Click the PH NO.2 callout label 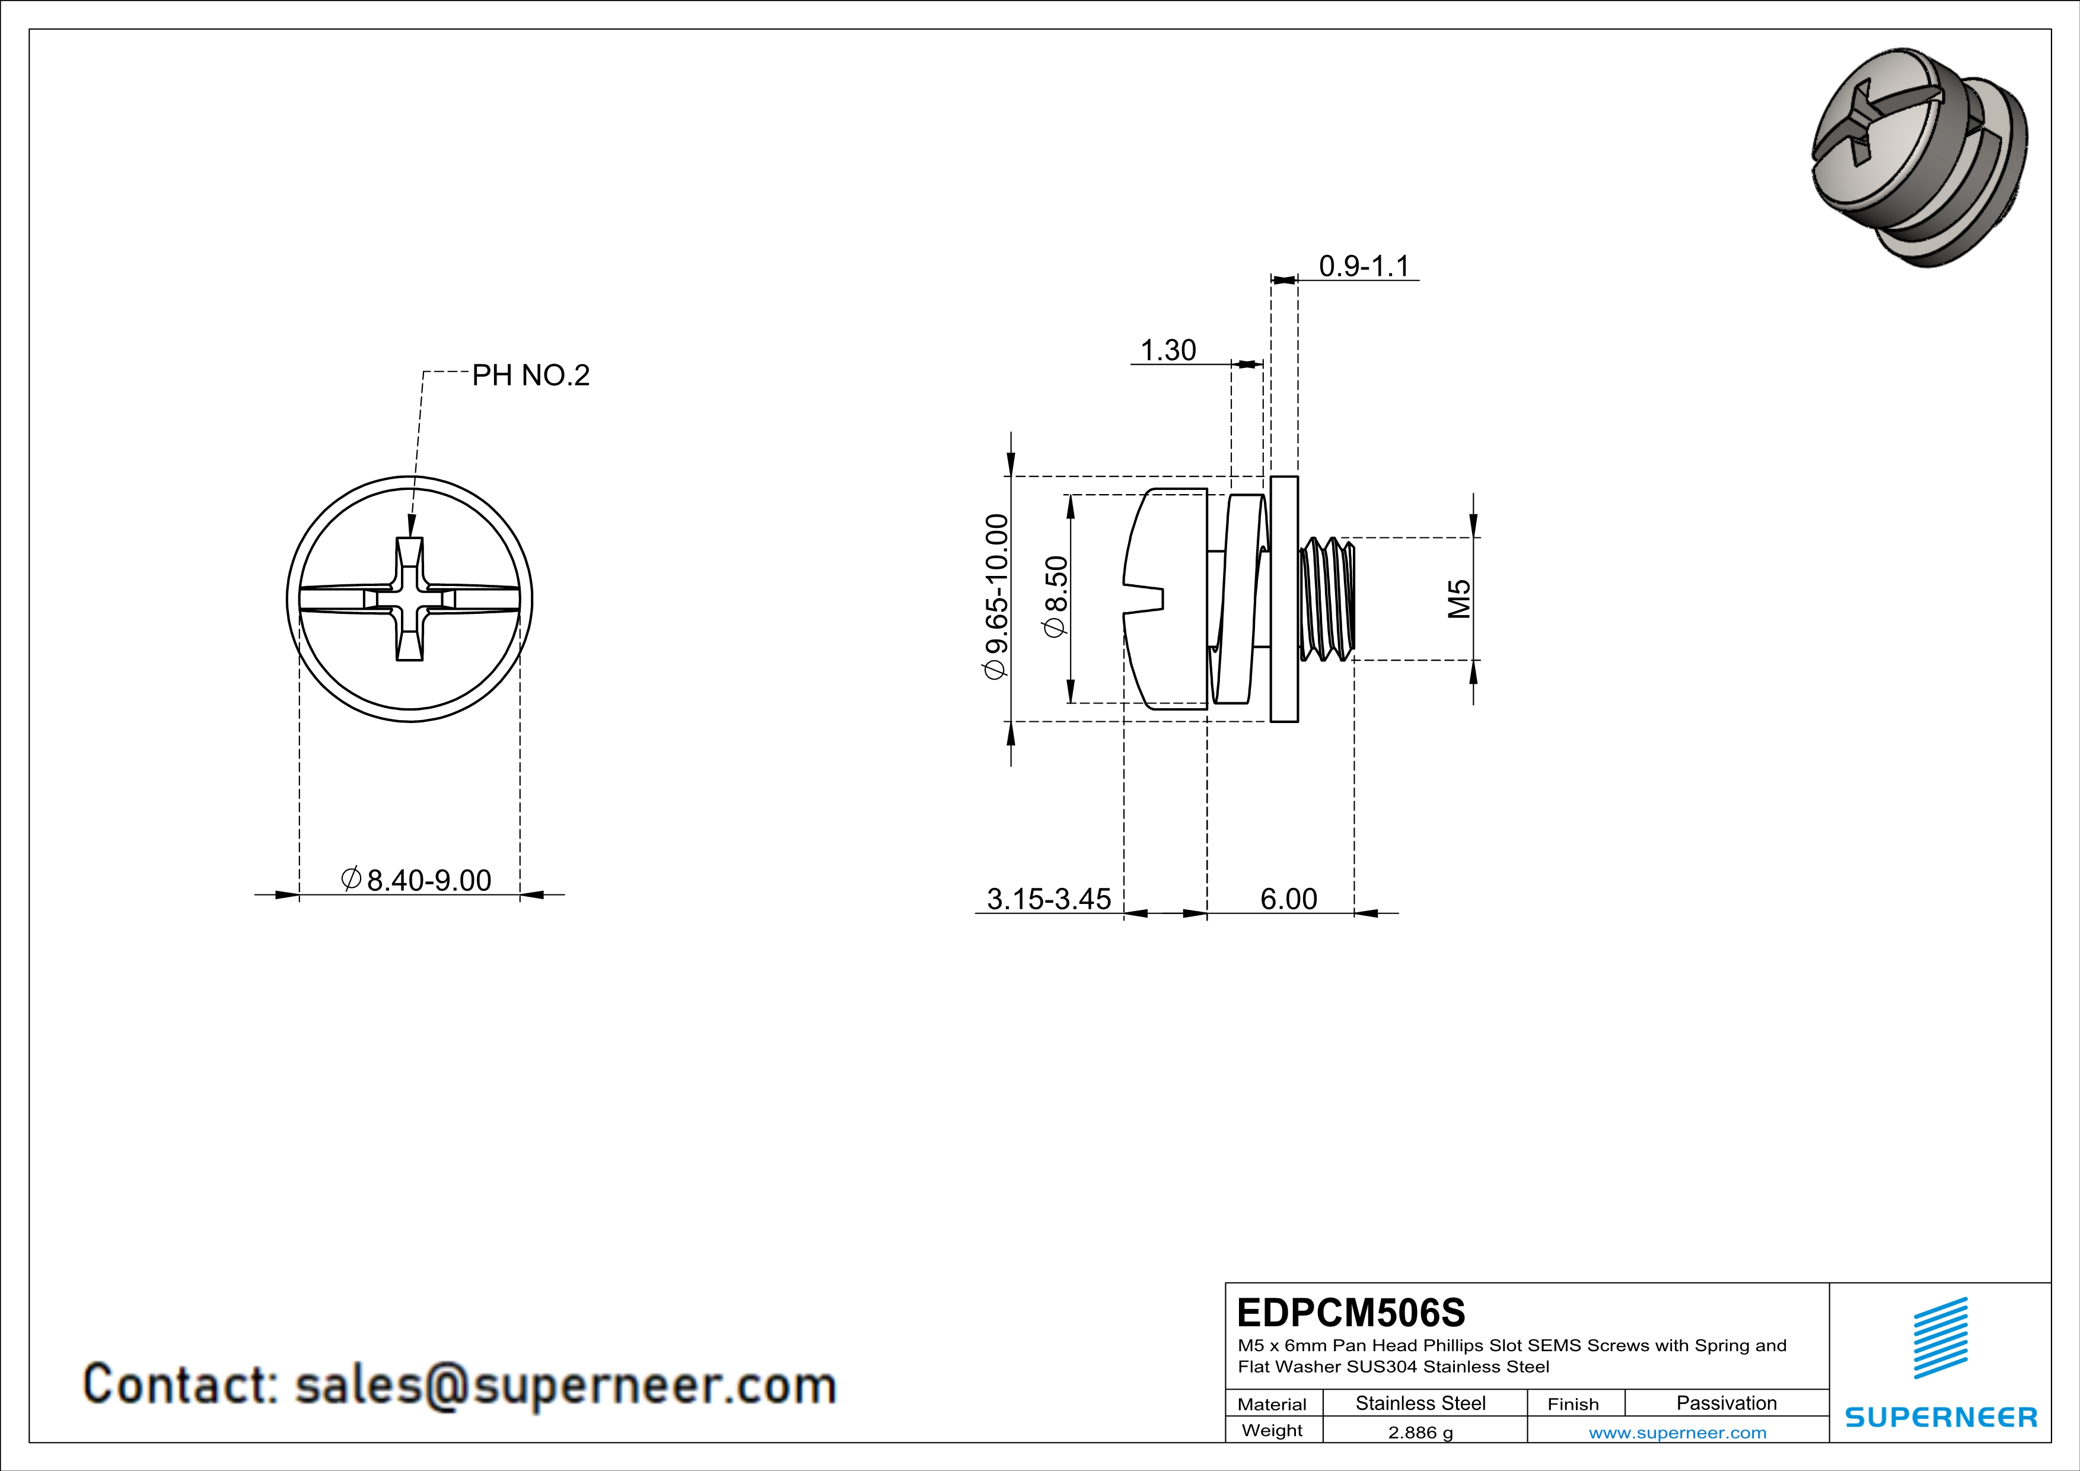point(531,375)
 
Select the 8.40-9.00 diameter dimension point(418,880)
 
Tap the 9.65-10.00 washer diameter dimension point(996,597)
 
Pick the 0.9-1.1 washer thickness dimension point(1364,266)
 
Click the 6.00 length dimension point(1288,899)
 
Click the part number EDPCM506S point(1350,1313)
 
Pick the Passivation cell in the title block point(1726,1403)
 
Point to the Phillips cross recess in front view point(409,598)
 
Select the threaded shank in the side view point(1327,598)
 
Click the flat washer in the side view point(1283,598)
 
